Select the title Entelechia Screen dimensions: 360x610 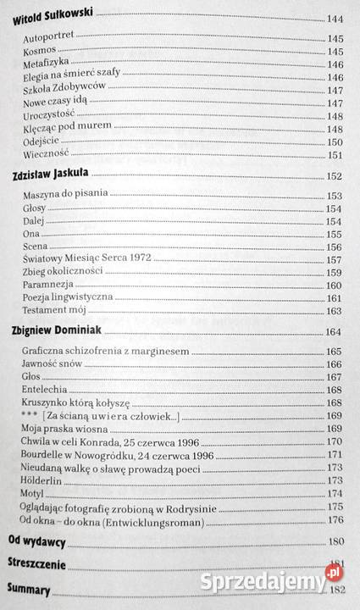[x=45, y=390]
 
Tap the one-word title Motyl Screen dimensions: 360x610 [x=36, y=493]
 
